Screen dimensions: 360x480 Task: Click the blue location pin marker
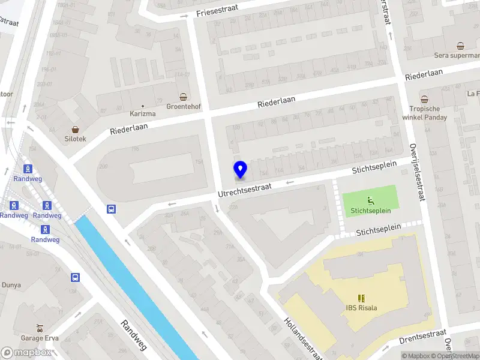[x=240, y=170]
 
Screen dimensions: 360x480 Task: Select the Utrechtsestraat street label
[x=244, y=190]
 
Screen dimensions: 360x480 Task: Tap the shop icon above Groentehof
[x=184, y=97]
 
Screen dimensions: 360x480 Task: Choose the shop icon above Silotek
[x=76, y=129]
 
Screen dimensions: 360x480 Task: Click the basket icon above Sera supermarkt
[x=460, y=46]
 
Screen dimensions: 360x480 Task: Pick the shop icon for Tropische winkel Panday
[x=424, y=99]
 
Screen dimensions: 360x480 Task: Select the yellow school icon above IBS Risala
[x=361, y=298]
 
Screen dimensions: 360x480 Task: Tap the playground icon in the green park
[x=371, y=200]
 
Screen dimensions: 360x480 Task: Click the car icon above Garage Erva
[x=40, y=328]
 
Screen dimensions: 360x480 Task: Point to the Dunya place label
[x=11, y=285]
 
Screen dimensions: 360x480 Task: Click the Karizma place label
[x=143, y=113]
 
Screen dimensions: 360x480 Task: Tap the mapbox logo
[x=26, y=352]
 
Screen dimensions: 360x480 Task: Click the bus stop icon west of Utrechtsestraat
[x=111, y=209]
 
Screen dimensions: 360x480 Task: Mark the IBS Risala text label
[x=361, y=308]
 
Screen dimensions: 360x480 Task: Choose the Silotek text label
[x=76, y=139]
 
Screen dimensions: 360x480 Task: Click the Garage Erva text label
[x=39, y=338]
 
